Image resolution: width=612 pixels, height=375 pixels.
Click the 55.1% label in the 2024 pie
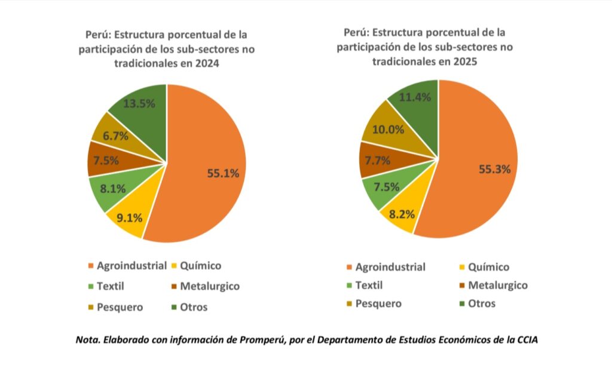pos(223,174)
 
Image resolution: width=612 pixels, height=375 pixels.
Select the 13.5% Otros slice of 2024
pos(139,103)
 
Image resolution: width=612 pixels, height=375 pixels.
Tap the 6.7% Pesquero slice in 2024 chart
pos(115,136)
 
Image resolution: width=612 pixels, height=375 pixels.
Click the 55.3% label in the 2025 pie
pos(494,169)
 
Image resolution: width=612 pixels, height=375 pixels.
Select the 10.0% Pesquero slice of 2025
pos(388,129)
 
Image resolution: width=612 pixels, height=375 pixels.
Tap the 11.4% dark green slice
pos(415,98)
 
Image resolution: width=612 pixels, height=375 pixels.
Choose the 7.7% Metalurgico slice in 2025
pos(378,160)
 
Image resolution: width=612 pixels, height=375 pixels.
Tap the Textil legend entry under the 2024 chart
pos(110,286)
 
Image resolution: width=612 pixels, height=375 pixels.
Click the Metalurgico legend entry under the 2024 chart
pos(209,286)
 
